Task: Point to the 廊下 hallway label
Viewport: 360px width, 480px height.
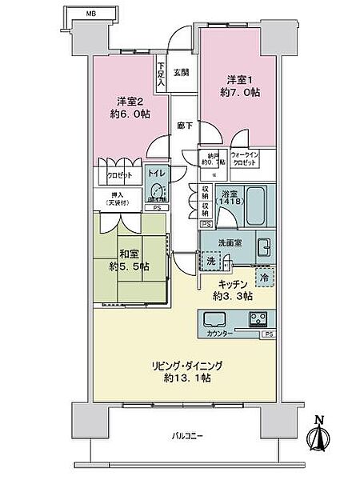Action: [x=183, y=126]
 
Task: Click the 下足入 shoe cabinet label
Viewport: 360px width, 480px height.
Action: [x=162, y=74]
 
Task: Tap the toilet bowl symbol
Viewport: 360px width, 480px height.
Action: [x=157, y=191]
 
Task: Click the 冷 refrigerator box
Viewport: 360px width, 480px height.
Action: [x=263, y=277]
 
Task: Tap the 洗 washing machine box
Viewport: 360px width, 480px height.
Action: [x=210, y=261]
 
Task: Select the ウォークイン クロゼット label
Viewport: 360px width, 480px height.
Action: [x=245, y=159]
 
